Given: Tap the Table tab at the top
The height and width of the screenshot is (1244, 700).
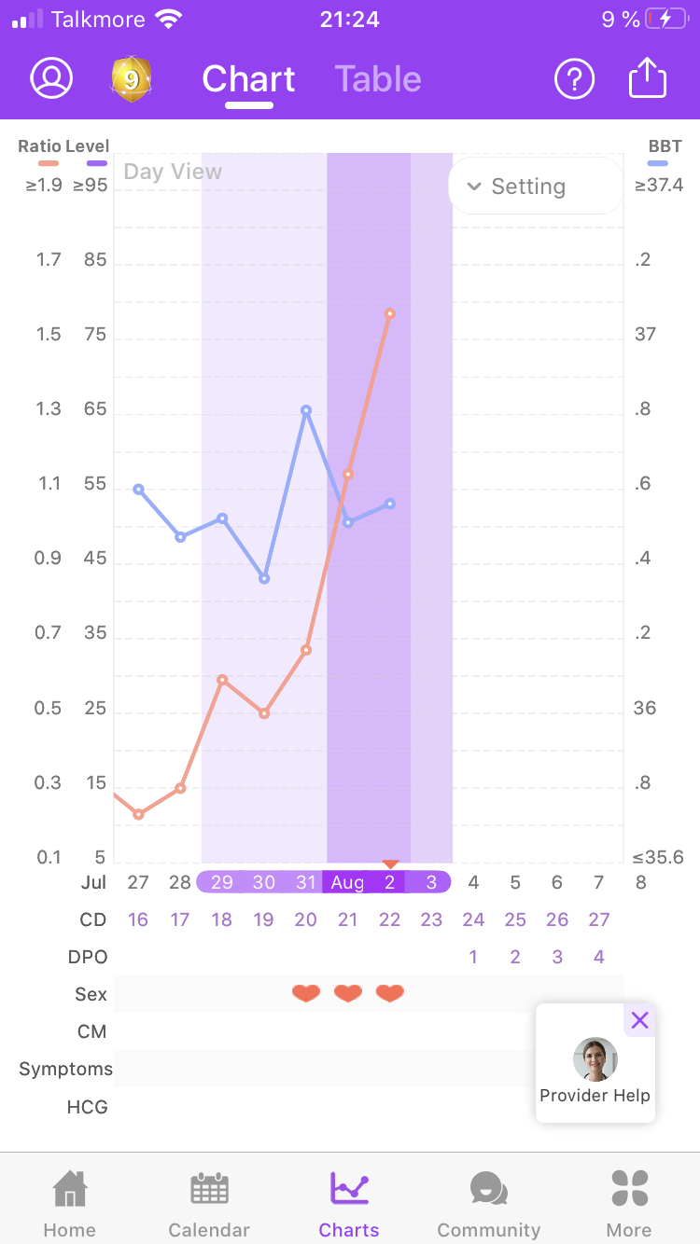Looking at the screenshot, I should [x=378, y=79].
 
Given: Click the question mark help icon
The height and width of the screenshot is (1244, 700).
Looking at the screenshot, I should [x=574, y=79].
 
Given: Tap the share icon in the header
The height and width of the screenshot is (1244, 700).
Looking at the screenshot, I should [x=648, y=78].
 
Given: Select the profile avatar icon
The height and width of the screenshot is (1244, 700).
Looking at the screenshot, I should [x=51, y=79].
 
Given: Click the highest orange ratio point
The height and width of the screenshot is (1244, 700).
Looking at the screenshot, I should [x=390, y=313].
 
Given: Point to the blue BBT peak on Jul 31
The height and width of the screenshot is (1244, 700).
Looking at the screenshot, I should [x=306, y=409].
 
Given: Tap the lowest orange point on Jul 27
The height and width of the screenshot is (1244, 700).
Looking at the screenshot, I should [x=138, y=814].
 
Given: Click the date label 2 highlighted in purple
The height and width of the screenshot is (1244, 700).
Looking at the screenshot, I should [x=390, y=882].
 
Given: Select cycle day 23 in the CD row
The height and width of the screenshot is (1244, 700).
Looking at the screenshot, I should [x=431, y=919].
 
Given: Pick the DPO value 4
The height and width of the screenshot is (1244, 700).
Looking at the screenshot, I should [x=599, y=957].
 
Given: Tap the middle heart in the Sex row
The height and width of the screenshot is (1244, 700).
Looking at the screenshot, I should [x=348, y=994].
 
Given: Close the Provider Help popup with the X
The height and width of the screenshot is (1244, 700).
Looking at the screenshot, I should [x=639, y=1020].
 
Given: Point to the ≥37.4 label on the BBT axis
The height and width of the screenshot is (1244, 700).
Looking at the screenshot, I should [x=659, y=186].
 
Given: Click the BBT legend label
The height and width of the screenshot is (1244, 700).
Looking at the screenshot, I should [x=665, y=146].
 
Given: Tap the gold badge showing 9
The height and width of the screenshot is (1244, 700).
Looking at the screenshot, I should [x=132, y=79].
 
